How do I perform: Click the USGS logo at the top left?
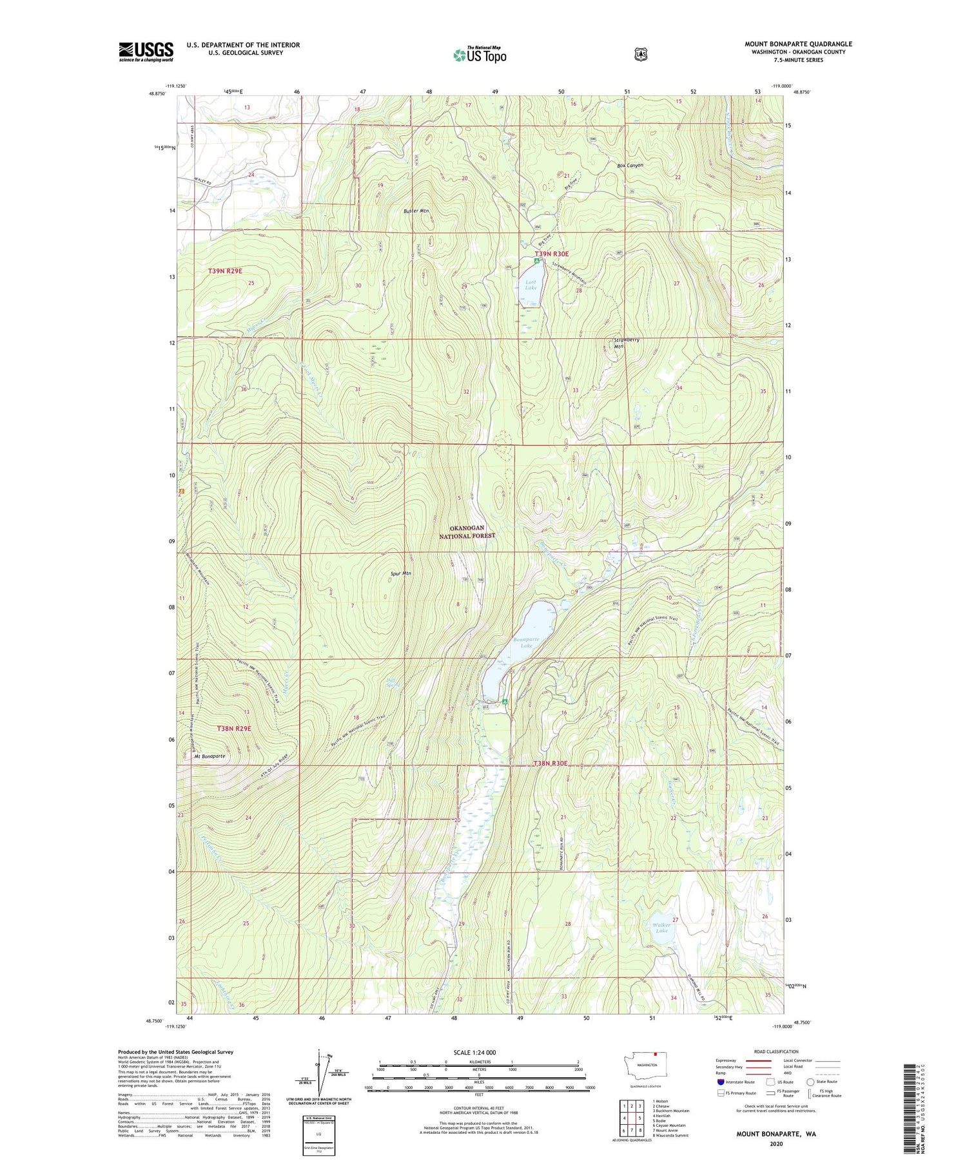pyautogui.click(x=146, y=52)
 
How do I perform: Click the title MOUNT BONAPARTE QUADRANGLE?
pyautogui.click(x=798, y=44)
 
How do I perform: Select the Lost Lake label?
pyautogui.click(x=531, y=285)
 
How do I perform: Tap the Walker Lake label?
pyautogui.click(x=662, y=928)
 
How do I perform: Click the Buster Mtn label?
pyautogui.click(x=416, y=211)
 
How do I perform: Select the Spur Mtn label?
pyautogui.click(x=400, y=573)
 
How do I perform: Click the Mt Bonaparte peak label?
pyautogui.click(x=210, y=756)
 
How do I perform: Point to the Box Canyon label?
pyautogui.click(x=630, y=166)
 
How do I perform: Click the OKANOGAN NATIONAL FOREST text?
pyautogui.click(x=468, y=531)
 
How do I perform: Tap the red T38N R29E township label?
pyautogui.click(x=233, y=728)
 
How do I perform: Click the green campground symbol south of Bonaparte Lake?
pyautogui.click(x=505, y=702)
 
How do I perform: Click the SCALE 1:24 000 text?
pyautogui.click(x=474, y=1053)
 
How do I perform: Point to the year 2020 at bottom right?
pyautogui.click(x=776, y=1144)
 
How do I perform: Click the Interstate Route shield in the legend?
pyautogui.click(x=719, y=1082)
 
